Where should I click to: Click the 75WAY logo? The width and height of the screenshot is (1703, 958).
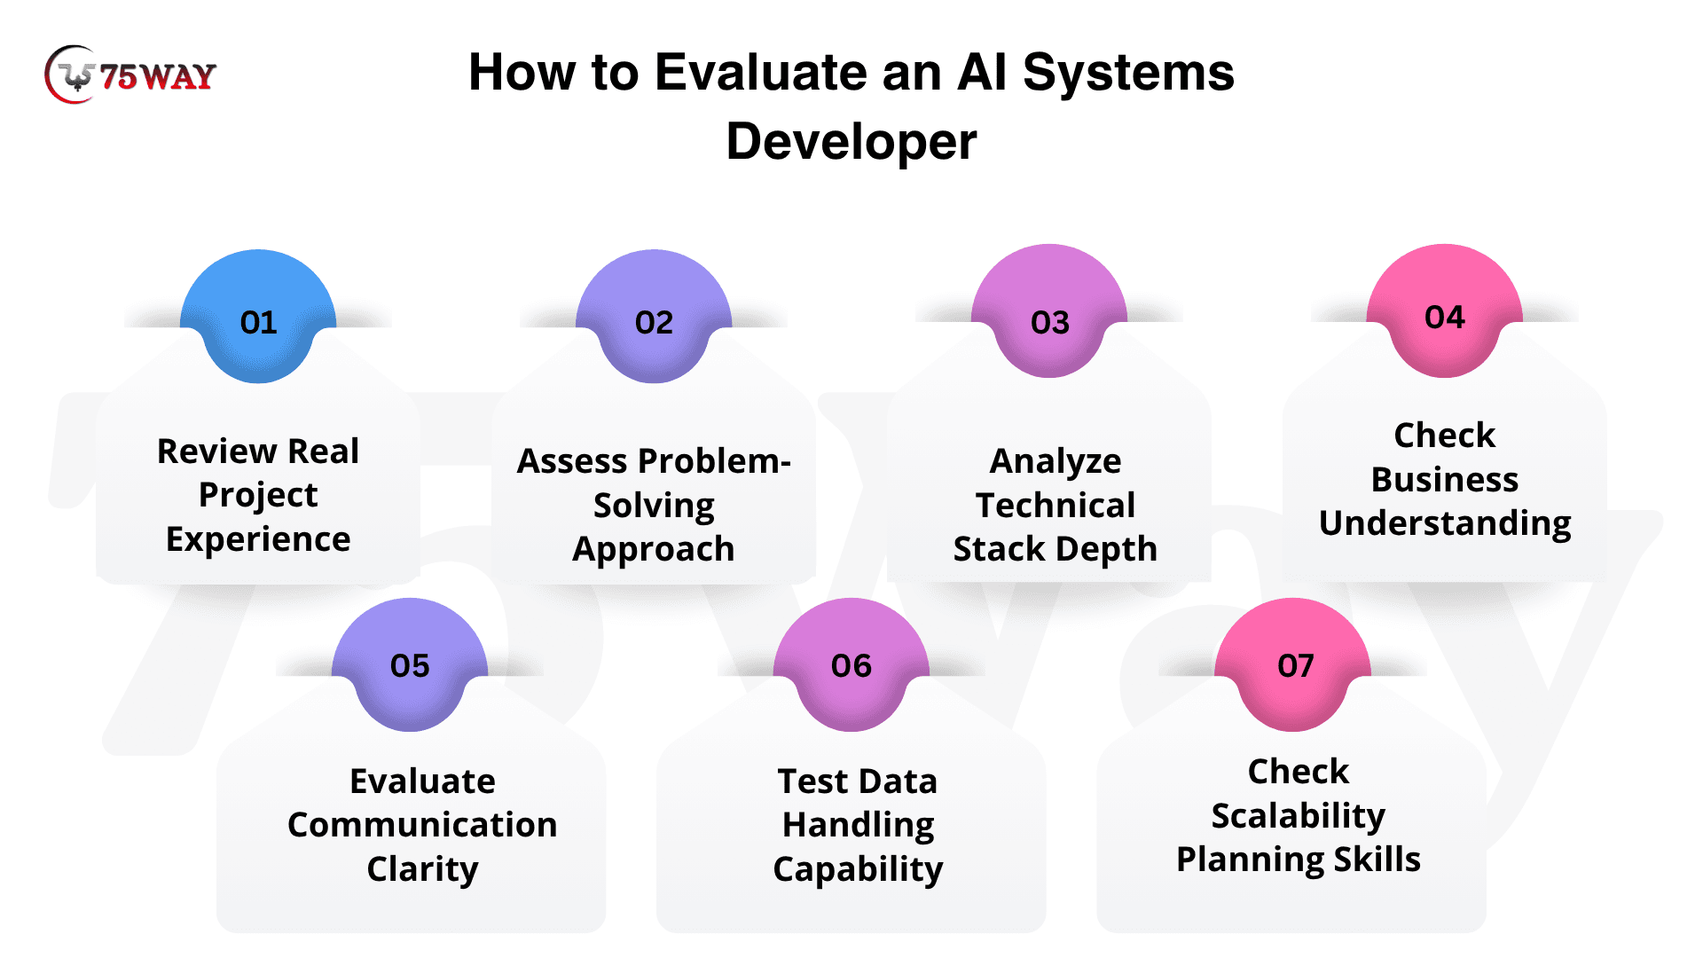[x=130, y=75]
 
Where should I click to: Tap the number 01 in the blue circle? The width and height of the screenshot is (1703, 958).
[x=259, y=322]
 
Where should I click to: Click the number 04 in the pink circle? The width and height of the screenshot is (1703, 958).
[x=1445, y=317]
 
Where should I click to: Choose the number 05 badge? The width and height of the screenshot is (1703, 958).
[x=410, y=664]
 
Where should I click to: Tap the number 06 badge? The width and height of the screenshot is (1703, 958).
[x=851, y=664]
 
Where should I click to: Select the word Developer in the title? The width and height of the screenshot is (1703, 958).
[x=851, y=142]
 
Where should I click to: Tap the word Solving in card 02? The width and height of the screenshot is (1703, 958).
[x=654, y=506]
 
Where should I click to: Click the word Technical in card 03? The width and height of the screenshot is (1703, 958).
[x=1056, y=506]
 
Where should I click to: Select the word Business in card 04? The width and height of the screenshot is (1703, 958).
[x=1445, y=480]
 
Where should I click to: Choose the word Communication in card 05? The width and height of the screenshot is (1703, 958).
[x=422, y=825]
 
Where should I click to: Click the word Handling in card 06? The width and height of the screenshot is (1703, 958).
[x=858, y=826]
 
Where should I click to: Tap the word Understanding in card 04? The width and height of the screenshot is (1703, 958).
[x=1445, y=524]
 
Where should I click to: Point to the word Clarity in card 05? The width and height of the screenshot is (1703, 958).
[x=422, y=870]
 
